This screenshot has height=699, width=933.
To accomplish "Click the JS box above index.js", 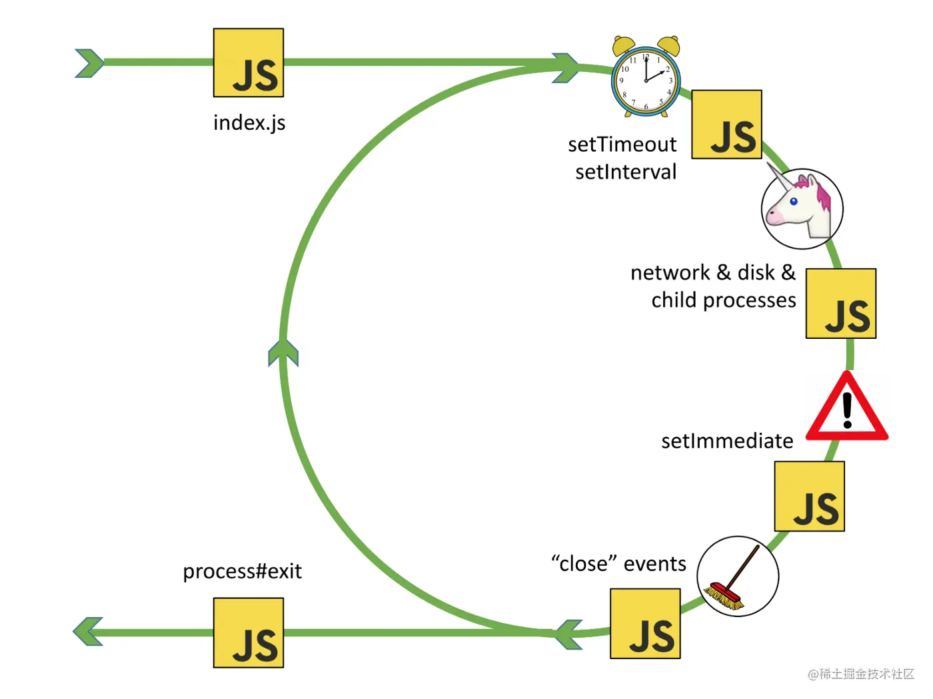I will [248, 63].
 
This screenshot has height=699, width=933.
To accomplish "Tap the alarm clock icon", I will [646, 77].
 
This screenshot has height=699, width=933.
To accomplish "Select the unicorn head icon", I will [802, 208].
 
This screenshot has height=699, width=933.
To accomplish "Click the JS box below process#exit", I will [248, 632].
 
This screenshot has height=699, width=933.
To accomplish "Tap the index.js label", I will [249, 123].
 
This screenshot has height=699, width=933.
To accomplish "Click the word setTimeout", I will [622, 144].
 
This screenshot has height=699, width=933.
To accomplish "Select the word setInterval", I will [626, 172].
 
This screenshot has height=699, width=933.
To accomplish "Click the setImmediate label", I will [727, 441].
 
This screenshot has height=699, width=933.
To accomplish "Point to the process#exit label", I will [242, 571].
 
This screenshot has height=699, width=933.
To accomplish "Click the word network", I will [670, 272].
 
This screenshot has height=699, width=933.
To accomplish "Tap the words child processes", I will [724, 300].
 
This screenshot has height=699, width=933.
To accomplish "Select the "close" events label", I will [618, 564].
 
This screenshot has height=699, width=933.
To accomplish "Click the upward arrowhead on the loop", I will [283, 352].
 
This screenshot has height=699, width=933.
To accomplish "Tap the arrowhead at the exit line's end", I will [88, 631].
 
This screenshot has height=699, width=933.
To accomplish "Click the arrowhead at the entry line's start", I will [89, 63].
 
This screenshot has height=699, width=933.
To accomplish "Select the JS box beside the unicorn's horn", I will [726, 124].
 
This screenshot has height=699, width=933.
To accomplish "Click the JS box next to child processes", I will [840, 304].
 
